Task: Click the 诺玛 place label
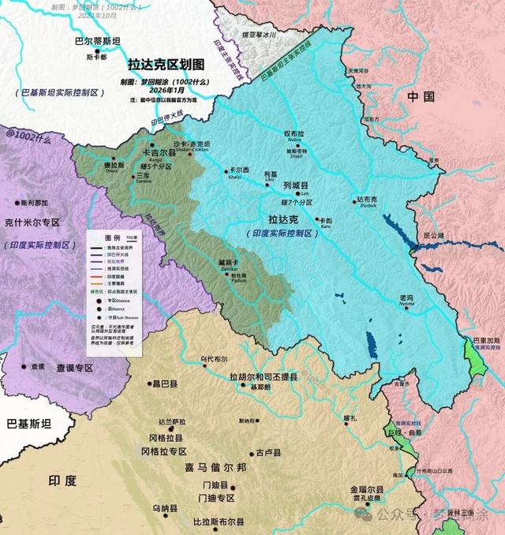click(408, 291)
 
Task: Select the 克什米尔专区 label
click(32, 223)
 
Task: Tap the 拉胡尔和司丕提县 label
click(263, 377)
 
